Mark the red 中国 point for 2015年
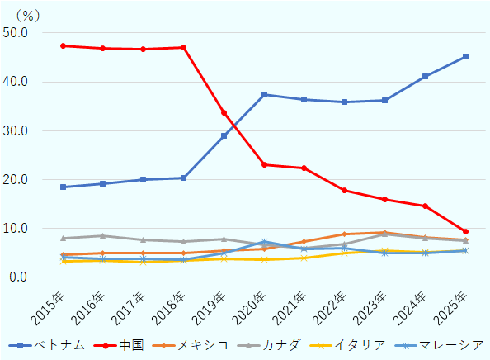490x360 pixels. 64,45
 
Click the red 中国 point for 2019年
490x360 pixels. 224,112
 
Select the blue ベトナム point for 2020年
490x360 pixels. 264,94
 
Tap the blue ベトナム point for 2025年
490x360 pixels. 465,56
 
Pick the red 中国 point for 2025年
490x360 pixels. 465,231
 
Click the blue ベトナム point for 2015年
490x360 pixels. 64,187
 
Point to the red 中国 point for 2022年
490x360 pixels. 345,190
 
